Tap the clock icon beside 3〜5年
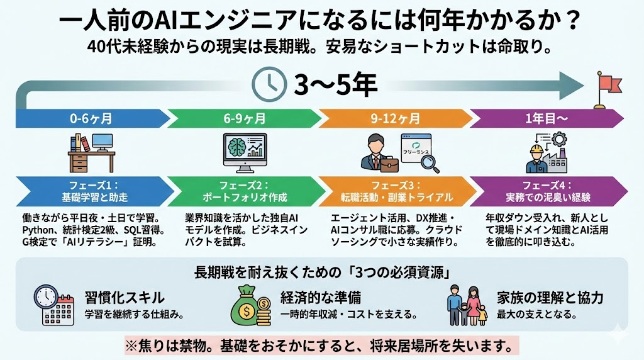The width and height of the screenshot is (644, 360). click(269, 84)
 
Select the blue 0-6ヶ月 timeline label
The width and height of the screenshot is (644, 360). click(91, 119)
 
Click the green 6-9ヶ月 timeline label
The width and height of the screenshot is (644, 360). click(245, 119)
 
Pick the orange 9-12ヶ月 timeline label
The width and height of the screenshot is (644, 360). click(396, 119)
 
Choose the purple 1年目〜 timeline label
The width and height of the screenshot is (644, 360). click(547, 119)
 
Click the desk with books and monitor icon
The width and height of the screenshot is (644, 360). click(91, 152)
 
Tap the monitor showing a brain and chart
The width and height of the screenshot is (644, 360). click(245, 152)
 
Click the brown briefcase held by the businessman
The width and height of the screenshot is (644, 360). click(389, 164)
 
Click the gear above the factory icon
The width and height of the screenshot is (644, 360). click(559, 140)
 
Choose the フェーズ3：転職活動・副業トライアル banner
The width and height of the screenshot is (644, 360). click(396, 191)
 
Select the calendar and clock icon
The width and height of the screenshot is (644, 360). click(54, 305)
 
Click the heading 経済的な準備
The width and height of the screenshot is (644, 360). click(321, 298)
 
